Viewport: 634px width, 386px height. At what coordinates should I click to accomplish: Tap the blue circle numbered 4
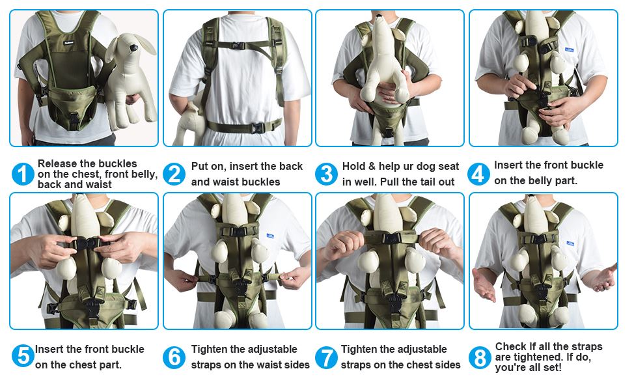(479, 174)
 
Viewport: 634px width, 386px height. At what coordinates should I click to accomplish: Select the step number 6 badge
(174, 357)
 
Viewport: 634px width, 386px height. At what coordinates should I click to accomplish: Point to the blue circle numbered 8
(479, 357)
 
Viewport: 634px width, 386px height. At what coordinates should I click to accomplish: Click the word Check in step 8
(510, 347)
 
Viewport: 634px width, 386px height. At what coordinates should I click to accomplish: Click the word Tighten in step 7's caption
(361, 350)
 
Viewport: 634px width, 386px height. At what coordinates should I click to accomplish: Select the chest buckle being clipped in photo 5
(85, 243)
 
